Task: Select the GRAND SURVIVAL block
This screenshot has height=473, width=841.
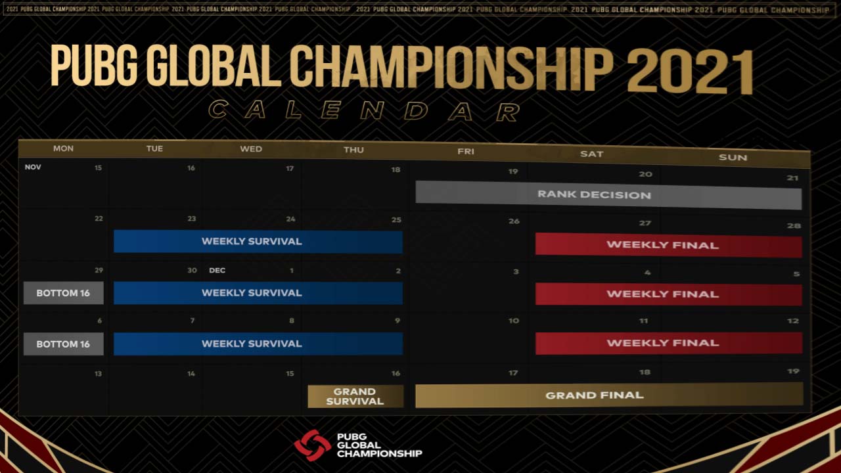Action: click(x=355, y=396)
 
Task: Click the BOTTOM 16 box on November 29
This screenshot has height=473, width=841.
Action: click(x=63, y=293)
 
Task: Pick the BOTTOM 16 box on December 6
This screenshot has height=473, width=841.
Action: click(x=63, y=344)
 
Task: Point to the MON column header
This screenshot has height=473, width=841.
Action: click(x=63, y=148)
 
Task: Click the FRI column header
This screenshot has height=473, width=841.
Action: click(x=466, y=152)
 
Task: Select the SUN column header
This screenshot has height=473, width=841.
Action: click(x=733, y=157)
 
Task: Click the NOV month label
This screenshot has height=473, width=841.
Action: click(x=33, y=167)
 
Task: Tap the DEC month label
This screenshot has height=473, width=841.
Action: click(x=217, y=270)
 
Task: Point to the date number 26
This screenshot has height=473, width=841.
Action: click(x=514, y=221)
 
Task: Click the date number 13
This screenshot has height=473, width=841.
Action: click(x=98, y=373)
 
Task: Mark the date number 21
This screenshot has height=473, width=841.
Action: click(x=792, y=178)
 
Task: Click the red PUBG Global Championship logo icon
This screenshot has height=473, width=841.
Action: click(x=312, y=445)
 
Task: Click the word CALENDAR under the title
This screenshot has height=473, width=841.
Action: click(x=365, y=110)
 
